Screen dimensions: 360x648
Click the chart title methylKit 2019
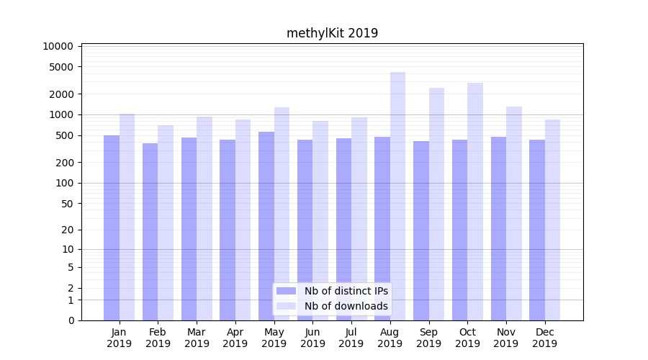332,33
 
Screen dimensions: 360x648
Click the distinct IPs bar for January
112,228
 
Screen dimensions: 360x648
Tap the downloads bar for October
474,202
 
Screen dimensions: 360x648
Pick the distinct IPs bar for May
266,226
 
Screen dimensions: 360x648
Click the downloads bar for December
552,220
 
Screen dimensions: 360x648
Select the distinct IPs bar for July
343,229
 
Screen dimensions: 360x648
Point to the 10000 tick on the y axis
58,46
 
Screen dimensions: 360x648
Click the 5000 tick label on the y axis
61,67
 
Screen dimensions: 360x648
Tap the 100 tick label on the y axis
64,183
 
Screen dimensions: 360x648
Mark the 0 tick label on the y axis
71,320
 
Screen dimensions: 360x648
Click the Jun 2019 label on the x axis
312,338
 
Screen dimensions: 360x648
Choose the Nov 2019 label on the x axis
506,338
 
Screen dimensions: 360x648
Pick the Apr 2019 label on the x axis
235,338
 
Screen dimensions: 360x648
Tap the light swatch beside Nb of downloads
286,306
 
